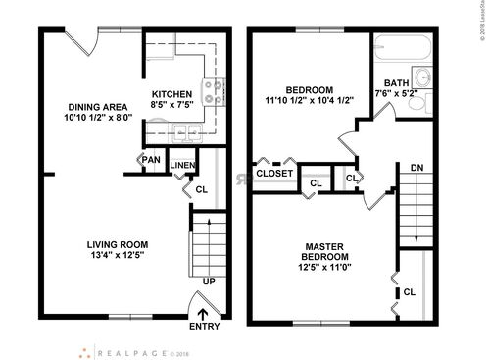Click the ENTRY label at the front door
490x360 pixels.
pos(204,328)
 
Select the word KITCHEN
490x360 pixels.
pos(171,95)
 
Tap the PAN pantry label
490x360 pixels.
pos(151,160)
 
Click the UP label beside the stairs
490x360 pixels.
pos(207,282)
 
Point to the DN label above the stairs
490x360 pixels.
pos(416,167)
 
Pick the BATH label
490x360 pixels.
pos(397,82)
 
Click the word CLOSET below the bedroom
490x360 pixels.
pos(273,174)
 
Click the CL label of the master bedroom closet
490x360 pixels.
pos(409,291)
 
